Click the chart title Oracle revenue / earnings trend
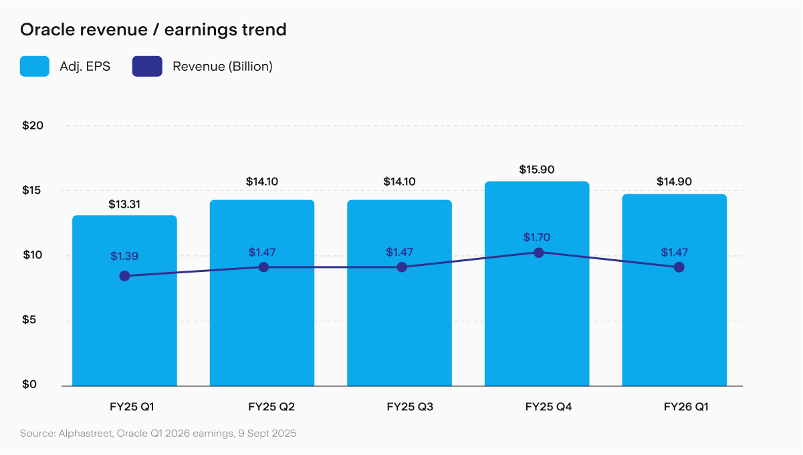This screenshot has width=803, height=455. (x=153, y=30)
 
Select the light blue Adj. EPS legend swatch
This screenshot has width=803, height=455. (x=34, y=67)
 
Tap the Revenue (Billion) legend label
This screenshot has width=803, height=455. (x=222, y=67)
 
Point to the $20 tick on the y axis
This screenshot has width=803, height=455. (x=33, y=126)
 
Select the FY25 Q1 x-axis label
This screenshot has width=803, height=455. (x=124, y=406)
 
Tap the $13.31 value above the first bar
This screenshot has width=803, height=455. (x=124, y=204)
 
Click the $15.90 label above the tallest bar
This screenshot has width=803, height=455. (x=537, y=170)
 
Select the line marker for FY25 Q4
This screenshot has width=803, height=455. (x=538, y=253)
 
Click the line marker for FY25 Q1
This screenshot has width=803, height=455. (x=124, y=276)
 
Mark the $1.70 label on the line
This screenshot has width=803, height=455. (x=537, y=237)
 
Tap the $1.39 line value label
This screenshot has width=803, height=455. (x=124, y=257)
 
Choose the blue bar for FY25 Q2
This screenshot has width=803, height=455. (x=262, y=321)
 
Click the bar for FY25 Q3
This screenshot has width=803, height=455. (x=399, y=321)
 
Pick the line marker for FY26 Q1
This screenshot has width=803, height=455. (x=679, y=267)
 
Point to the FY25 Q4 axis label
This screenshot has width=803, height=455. (x=537, y=406)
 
